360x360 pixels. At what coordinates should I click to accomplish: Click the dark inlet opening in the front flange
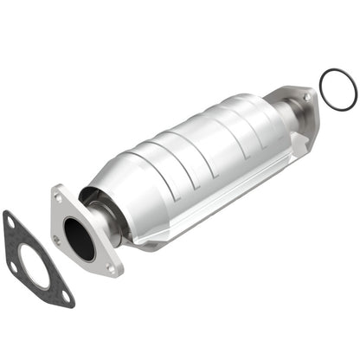pyautogui.click(x=80, y=239)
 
